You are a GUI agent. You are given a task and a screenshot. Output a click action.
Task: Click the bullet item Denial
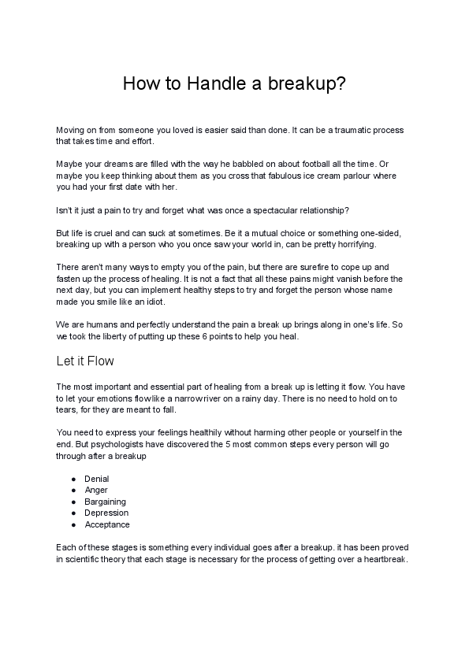pyautogui.click(x=97, y=479)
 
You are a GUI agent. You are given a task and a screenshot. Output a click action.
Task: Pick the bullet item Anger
pyautogui.click(x=96, y=490)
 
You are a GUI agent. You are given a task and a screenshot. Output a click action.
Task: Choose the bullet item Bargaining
pyautogui.click(x=106, y=502)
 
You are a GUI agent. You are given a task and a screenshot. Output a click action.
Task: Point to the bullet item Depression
pyautogui.click(x=106, y=513)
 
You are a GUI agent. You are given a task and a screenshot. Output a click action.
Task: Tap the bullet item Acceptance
pyautogui.click(x=107, y=524)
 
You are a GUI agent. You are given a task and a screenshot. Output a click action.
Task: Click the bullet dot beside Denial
pyautogui.click(x=73, y=479)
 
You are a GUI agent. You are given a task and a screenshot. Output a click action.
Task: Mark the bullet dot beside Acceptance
pyautogui.click(x=73, y=524)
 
